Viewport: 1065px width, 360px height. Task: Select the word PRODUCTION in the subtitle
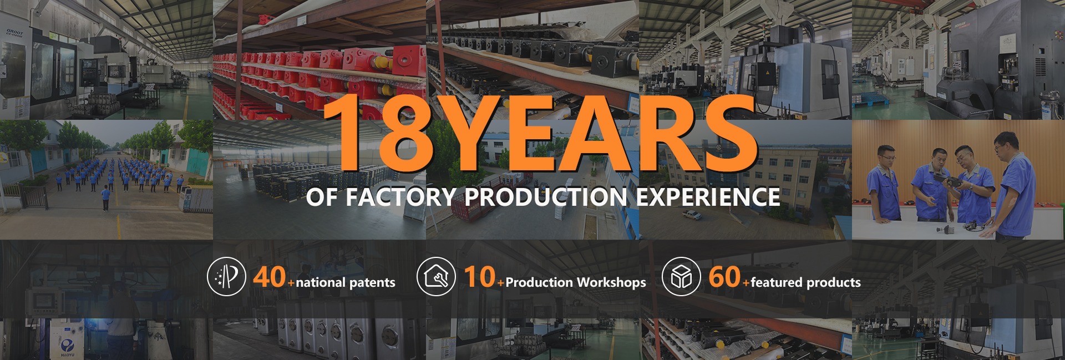click(546, 197)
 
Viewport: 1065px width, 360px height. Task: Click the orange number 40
click(270, 276)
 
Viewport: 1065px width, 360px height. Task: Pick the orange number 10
click(480, 276)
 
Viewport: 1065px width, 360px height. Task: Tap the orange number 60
click(724, 276)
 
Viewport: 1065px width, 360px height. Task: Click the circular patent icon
click(226, 276)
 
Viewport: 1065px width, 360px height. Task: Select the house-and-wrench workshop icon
click(435, 276)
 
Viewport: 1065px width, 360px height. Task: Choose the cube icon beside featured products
click(681, 276)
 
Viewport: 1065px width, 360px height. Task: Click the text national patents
click(346, 283)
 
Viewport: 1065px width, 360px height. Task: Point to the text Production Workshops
click(576, 282)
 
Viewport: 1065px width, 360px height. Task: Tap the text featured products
click(805, 282)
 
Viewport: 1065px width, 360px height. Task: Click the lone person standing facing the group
click(105, 198)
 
